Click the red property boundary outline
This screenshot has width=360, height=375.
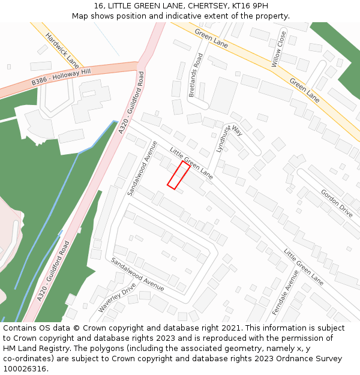tap(178, 175)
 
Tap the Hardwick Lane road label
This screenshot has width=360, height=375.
tap(62, 50)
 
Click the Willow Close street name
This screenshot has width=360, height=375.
tap(277, 49)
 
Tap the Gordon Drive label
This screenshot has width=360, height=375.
tap(337, 203)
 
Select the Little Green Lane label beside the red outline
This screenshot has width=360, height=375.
tap(191, 163)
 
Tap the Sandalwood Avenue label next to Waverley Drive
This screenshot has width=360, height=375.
tap(137, 275)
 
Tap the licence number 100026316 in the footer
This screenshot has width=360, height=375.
tap(23, 369)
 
